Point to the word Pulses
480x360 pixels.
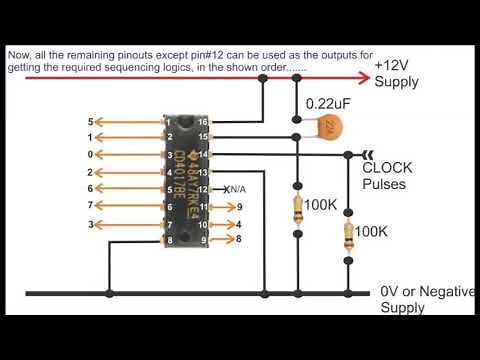coord(385,185)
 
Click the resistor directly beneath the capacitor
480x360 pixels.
coord(298,208)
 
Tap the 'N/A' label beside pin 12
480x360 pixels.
coord(235,189)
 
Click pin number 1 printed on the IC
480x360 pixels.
coord(171,121)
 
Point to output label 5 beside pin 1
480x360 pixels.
coord(90,121)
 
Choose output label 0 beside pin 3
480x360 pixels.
coord(90,155)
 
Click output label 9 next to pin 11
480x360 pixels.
coord(239,207)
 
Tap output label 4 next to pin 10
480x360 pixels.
coord(239,224)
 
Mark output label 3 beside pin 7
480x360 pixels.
coord(90,225)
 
